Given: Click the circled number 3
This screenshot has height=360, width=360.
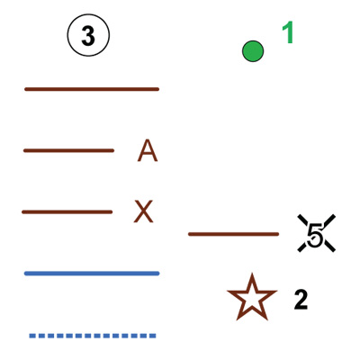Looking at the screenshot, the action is [x=88, y=36].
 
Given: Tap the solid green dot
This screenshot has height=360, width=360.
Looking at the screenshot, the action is [x=253, y=51].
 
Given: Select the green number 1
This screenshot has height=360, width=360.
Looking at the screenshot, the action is [x=288, y=33].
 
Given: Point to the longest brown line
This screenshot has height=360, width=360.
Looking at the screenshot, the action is [x=92, y=89].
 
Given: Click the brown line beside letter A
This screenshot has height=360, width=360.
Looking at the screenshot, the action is [x=68, y=150].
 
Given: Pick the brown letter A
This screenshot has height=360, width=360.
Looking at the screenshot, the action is [x=148, y=150].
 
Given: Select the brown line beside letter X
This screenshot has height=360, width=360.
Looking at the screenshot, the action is [x=67, y=212].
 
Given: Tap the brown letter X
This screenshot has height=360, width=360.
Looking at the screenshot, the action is [x=143, y=211].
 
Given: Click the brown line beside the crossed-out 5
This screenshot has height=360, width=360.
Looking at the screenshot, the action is [x=234, y=234].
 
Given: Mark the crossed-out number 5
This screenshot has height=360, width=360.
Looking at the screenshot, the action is [x=316, y=233].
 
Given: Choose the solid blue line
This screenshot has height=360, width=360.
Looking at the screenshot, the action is [x=92, y=274].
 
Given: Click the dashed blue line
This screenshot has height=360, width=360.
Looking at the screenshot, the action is [x=93, y=336].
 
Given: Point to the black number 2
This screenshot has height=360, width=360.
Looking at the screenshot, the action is [x=301, y=301].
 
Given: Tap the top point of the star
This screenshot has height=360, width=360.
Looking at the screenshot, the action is [x=252, y=274].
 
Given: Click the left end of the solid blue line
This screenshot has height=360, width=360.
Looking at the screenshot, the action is [x=25, y=274].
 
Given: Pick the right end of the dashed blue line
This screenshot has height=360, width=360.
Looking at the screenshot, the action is [x=156, y=336].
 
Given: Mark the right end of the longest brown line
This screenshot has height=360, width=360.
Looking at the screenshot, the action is [x=158, y=89].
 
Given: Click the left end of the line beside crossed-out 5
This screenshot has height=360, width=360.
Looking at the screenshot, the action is [x=189, y=234].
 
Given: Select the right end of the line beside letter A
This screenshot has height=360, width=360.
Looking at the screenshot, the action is [x=113, y=150].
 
